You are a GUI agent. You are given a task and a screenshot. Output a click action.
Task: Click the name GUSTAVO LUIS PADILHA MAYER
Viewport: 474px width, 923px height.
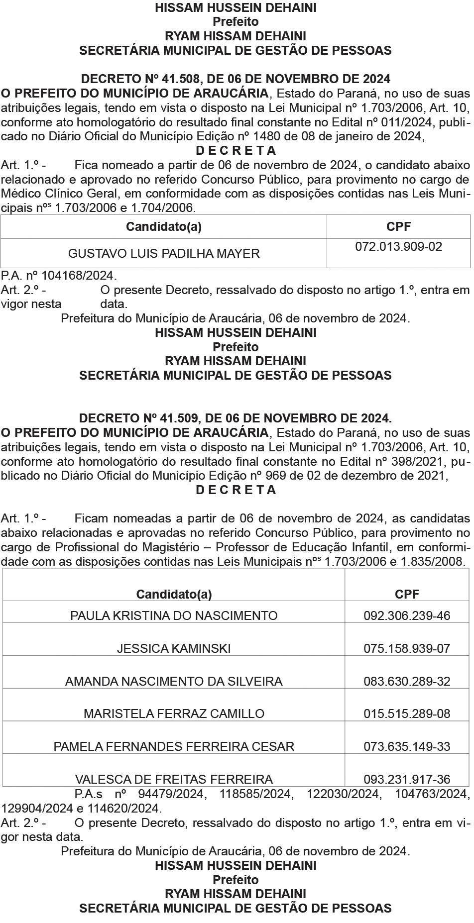(x=164, y=253)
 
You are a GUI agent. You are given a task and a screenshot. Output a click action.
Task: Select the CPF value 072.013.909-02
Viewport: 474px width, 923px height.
(x=398, y=247)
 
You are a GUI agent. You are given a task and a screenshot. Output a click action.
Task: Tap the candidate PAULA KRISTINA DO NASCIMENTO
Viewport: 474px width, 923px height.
(x=174, y=615)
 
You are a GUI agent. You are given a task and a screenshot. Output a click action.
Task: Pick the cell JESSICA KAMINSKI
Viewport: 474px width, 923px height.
(x=174, y=648)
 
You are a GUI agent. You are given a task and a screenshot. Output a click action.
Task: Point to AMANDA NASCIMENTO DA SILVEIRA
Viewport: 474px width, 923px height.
(x=174, y=681)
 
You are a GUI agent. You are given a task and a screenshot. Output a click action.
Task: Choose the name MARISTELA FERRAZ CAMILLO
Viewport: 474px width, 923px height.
(x=174, y=714)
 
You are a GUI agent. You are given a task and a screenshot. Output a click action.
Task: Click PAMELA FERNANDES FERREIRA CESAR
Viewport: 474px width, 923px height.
(x=174, y=746)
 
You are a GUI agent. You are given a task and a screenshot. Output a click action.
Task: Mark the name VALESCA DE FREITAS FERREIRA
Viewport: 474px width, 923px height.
(x=174, y=779)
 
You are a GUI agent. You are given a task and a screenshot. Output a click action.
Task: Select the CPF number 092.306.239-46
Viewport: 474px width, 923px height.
(x=407, y=615)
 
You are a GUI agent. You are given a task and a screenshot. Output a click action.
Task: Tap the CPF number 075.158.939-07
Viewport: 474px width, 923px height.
(x=407, y=648)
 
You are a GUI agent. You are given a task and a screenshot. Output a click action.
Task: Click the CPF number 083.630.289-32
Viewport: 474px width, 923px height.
(x=407, y=681)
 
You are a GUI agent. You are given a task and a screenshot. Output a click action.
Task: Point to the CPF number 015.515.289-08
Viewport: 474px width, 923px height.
(x=407, y=714)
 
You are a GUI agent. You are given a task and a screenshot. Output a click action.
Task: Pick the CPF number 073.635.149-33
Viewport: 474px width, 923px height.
(x=407, y=746)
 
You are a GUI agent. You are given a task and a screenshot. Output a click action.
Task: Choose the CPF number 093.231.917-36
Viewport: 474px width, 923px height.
(x=407, y=779)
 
